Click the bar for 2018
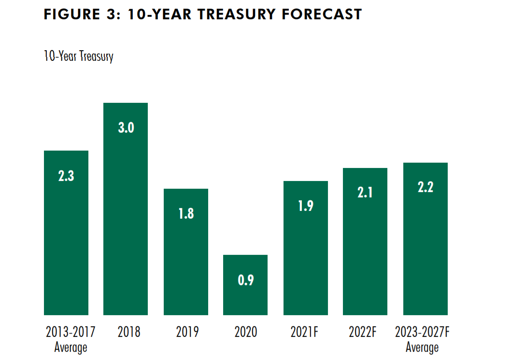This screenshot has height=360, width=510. pos(126,217)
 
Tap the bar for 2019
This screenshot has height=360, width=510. pos(186,261)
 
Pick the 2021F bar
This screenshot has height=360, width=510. pos(306,256)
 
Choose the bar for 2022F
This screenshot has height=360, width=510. pos(365,251)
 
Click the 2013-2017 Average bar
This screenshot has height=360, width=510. pos(66,241)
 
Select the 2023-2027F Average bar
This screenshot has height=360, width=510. pos(425,246)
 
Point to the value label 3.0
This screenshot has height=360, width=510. pos(126,128)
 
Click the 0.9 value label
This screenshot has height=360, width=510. pos(245,280)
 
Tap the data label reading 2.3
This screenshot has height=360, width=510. pos(66,176)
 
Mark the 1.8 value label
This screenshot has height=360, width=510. pos(186,214)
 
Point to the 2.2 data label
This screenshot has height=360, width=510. pos(425,188)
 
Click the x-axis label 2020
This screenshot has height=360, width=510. pos(245,332)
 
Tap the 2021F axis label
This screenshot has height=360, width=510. pos(306,332)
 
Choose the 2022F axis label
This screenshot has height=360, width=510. pos(365,332)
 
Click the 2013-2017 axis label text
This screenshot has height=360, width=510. pos(71,332)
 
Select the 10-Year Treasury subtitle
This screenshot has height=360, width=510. pos(78,56)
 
